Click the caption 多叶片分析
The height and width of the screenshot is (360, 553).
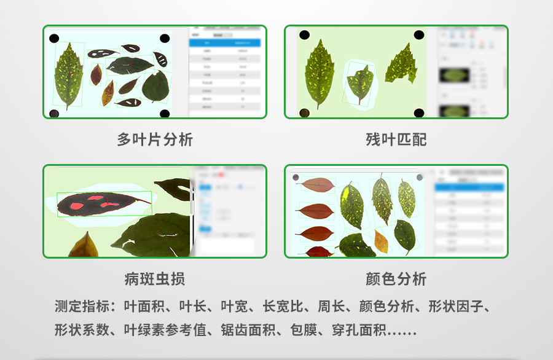(155, 139)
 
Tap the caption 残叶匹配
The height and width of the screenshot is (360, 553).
(396, 139)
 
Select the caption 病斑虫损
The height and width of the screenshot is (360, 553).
(155, 279)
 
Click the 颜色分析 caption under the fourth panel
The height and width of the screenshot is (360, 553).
(396, 279)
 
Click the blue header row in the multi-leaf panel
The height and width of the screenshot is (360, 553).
(225, 42)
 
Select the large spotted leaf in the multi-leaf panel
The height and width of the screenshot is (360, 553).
(68, 74)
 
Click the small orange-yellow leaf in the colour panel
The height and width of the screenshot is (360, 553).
(381, 240)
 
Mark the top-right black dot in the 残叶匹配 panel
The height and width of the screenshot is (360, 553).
(418, 35)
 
